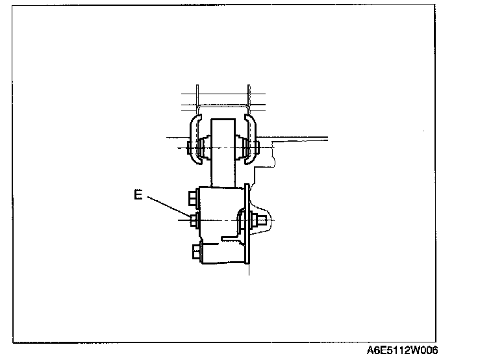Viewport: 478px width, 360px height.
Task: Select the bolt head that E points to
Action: point(194,221)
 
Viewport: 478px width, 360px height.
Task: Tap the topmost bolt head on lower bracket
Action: point(193,196)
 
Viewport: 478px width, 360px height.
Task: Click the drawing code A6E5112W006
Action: point(403,350)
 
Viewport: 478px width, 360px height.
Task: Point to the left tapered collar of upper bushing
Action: point(203,148)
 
